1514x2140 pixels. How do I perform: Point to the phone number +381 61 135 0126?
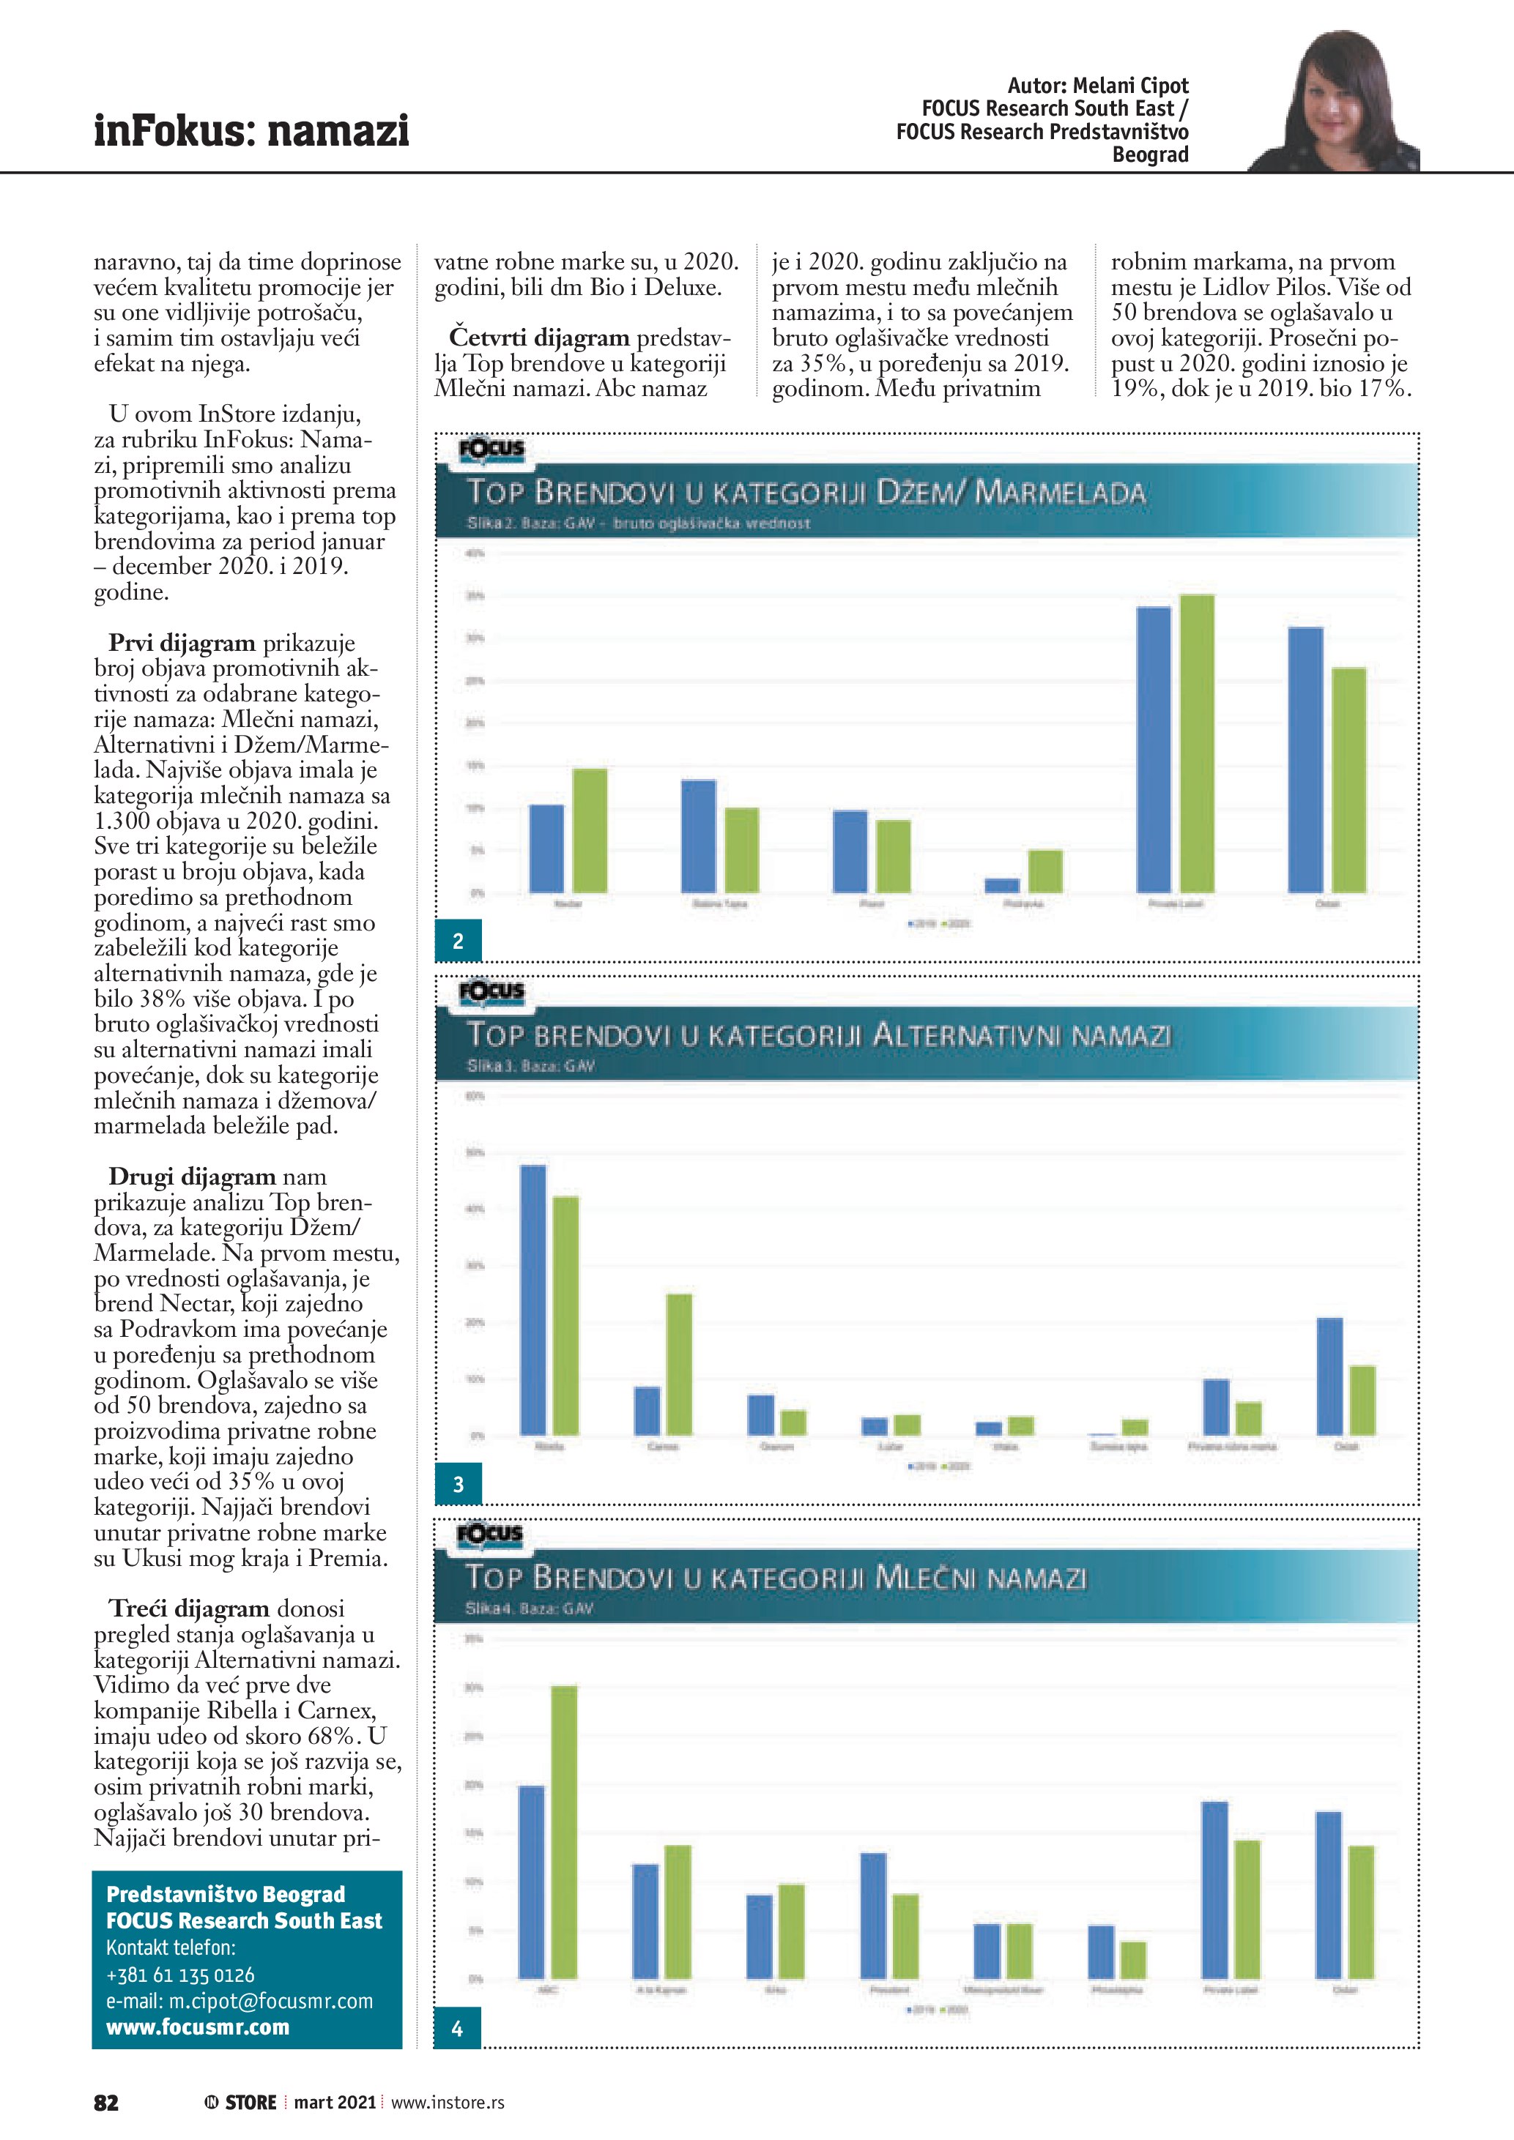point(180,1975)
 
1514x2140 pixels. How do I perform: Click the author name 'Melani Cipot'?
point(1130,86)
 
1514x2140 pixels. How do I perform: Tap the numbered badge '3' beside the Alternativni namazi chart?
point(458,1485)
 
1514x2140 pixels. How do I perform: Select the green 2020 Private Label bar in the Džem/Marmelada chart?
point(1197,743)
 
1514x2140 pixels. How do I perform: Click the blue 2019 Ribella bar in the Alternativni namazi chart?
point(533,1300)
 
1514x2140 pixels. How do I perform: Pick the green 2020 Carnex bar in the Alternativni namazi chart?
point(679,1364)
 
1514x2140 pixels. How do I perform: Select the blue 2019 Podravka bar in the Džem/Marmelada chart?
point(1002,885)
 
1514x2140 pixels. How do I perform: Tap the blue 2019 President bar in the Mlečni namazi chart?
point(872,1915)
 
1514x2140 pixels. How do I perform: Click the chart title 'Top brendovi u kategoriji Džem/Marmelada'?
point(806,492)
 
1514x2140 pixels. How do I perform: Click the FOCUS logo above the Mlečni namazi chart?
point(490,1534)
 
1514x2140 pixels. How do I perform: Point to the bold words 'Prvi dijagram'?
point(181,643)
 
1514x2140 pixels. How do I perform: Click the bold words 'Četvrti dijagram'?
point(539,337)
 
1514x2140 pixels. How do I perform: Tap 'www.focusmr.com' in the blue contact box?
point(198,2027)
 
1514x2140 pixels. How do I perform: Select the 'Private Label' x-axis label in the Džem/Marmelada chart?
point(1176,904)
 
